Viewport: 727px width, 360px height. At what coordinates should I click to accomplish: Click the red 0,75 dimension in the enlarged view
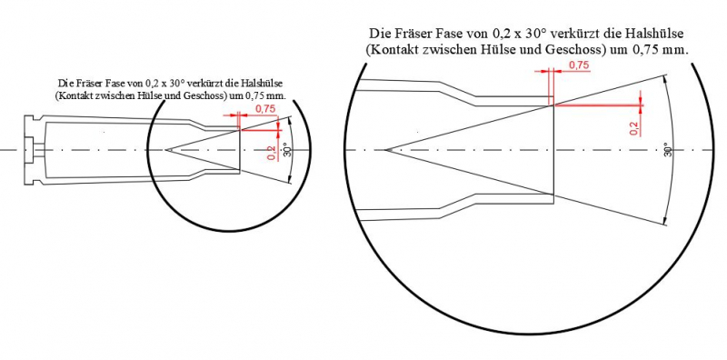tap(580, 65)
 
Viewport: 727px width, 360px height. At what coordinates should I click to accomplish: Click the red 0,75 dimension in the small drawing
tap(265, 109)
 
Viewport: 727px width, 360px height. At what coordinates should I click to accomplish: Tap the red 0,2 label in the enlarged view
tap(634, 126)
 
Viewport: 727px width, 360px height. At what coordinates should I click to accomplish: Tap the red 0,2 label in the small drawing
tap(272, 153)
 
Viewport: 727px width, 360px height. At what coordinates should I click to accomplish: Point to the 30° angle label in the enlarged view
tap(668, 149)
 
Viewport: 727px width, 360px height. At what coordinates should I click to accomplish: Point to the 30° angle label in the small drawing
tap(286, 151)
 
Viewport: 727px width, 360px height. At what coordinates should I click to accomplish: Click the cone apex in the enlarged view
tap(385, 150)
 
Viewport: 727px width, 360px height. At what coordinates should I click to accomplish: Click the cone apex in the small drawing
tap(165, 150)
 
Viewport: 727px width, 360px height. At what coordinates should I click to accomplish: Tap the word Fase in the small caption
tap(116, 84)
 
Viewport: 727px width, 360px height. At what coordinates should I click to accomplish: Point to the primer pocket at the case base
tap(30, 150)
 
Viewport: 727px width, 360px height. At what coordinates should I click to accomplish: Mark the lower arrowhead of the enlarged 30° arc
tap(666, 221)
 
